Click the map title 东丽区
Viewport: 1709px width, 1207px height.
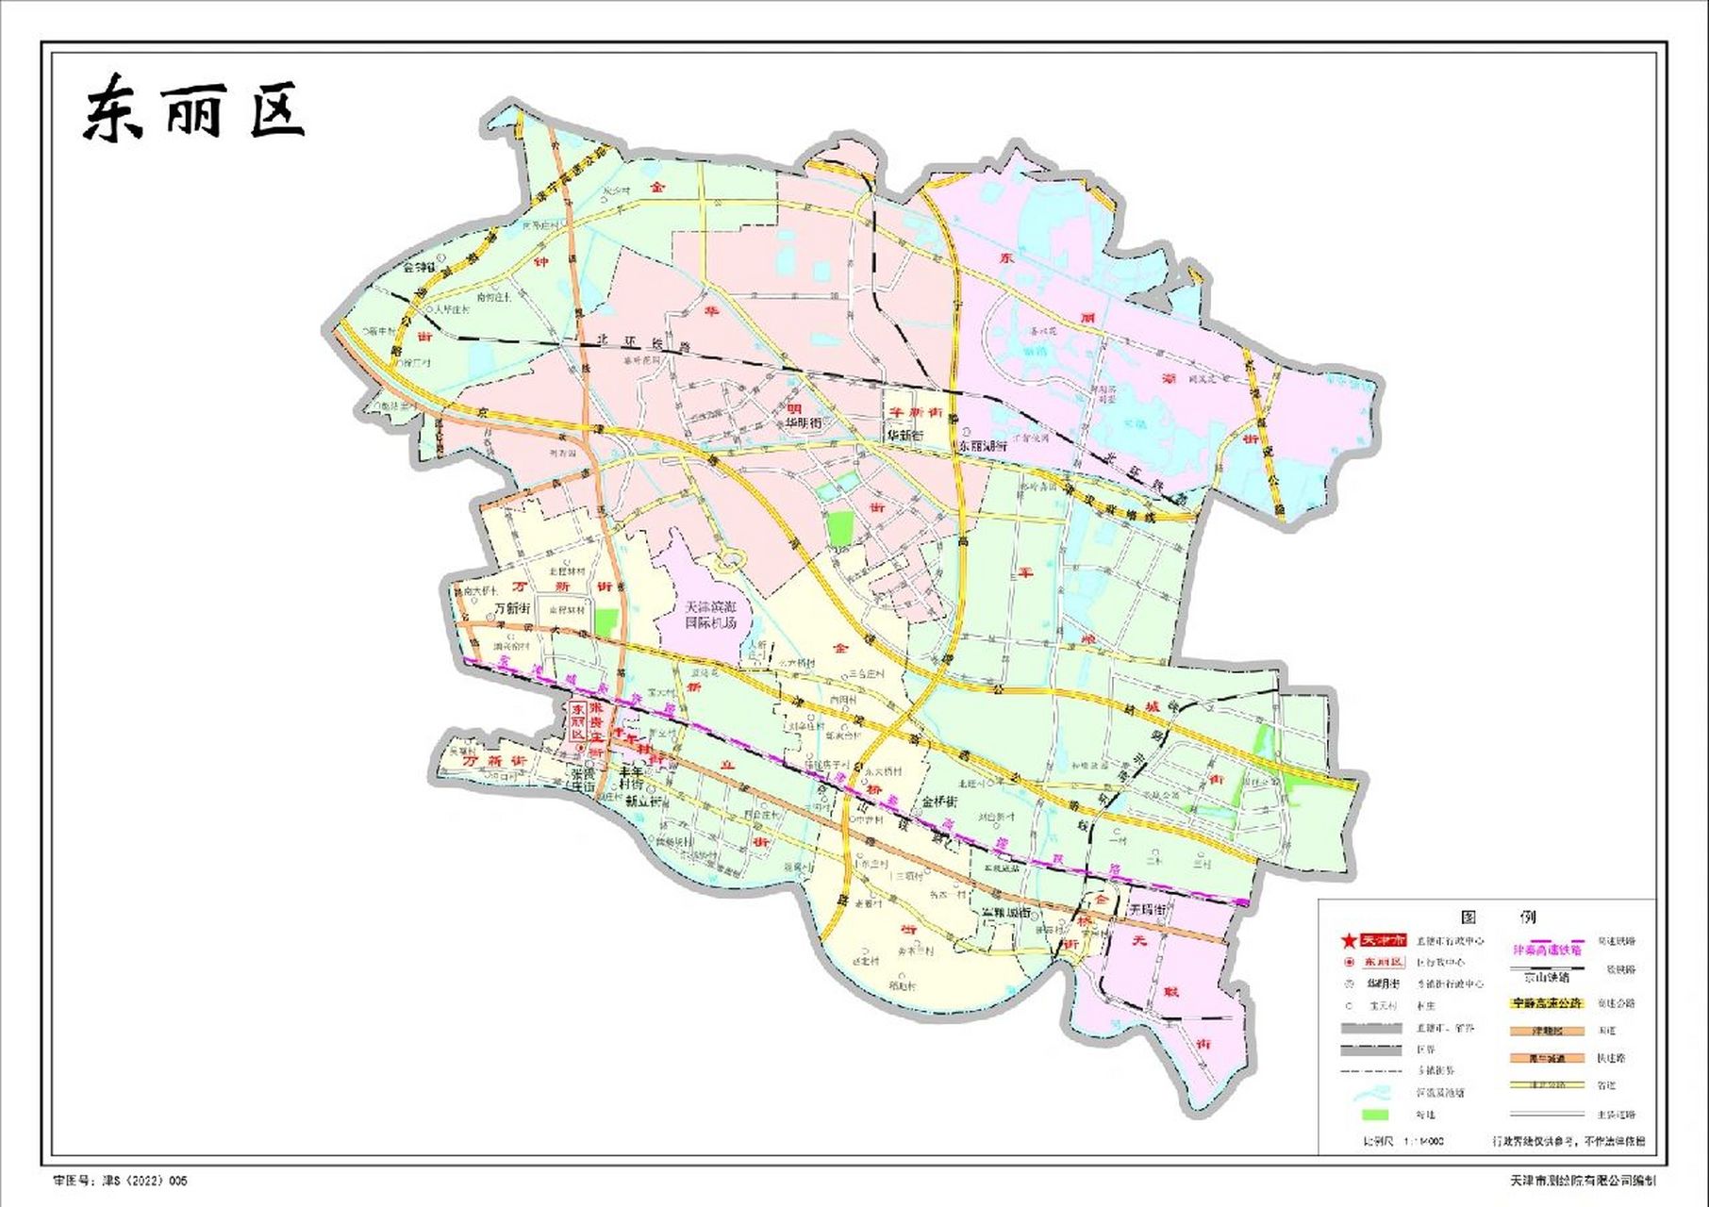pyautogui.click(x=193, y=111)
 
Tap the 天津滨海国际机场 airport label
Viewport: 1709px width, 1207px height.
pyautogui.click(x=712, y=614)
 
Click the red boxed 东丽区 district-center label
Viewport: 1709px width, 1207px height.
pyautogui.click(x=578, y=725)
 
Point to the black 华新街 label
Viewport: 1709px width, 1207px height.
pyautogui.click(x=904, y=437)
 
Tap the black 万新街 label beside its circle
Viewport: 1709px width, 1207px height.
pyautogui.click(x=513, y=608)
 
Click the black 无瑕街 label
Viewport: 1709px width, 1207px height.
pyautogui.click(x=1148, y=911)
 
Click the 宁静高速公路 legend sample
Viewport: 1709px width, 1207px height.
pyautogui.click(x=1547, y=1003)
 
